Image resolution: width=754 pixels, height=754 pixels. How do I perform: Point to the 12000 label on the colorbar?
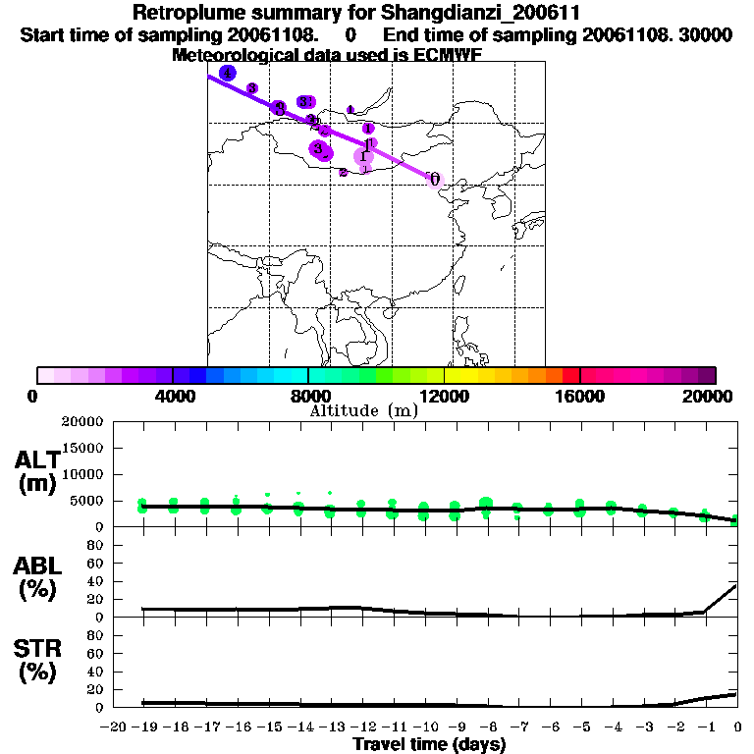(x=444, y=396)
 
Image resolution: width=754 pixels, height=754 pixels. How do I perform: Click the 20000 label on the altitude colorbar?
(x=708, y=396)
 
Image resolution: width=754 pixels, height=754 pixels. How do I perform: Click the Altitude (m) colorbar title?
(x=364, y=410)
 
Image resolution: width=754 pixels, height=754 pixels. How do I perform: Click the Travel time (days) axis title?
(x=429, y=745)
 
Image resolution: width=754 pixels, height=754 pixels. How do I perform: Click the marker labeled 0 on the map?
(x=434, y=179)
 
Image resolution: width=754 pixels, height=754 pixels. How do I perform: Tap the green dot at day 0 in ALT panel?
(x=736, y=519)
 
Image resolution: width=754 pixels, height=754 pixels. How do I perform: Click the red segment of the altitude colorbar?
(x=570, y=375)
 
